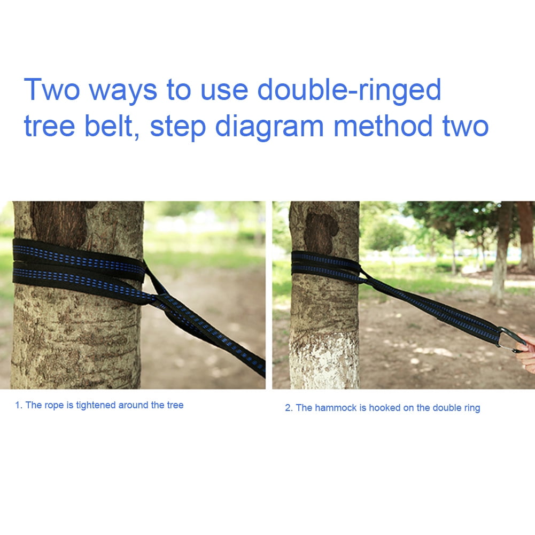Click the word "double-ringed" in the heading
click(349, 90)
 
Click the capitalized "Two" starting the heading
click(51, 89)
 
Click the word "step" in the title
click(178, 127)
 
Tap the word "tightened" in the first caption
click(94, 405)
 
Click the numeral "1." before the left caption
click(18, 405)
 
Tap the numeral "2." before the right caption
click(289, 408)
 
